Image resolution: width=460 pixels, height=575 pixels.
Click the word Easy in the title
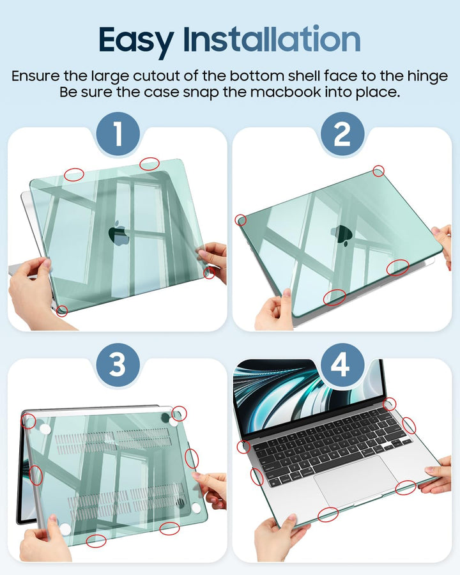tap(136, 41)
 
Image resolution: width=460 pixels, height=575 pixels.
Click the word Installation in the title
tap(272, 38)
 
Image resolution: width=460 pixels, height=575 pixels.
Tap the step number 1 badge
tap(118, 134)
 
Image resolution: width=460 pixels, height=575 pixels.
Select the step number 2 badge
tap(342, 134)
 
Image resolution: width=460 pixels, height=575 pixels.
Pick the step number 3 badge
tap(118, 365)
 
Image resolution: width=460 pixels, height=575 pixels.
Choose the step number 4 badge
tap(342, 365)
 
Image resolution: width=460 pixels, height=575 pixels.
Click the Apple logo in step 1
tap(119, 233)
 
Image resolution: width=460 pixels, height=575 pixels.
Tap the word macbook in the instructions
tap(286, 91)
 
